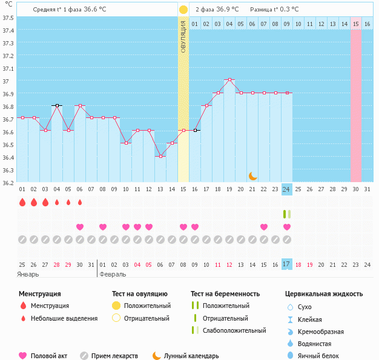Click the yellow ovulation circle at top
[183, 10]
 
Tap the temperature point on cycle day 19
[229, 80]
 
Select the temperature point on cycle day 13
[160, 156]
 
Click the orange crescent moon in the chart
[253, 175]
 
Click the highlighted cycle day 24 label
[286, 189]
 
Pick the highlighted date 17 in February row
[286, 264]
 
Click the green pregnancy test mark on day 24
[286, 214]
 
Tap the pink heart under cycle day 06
[79, 227]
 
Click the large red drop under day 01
[22, 202]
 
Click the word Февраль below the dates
[114, 274]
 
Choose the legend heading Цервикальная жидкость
[324, 293]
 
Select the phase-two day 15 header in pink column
[356, 24]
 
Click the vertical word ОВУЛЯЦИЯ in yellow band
[183, 36]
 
